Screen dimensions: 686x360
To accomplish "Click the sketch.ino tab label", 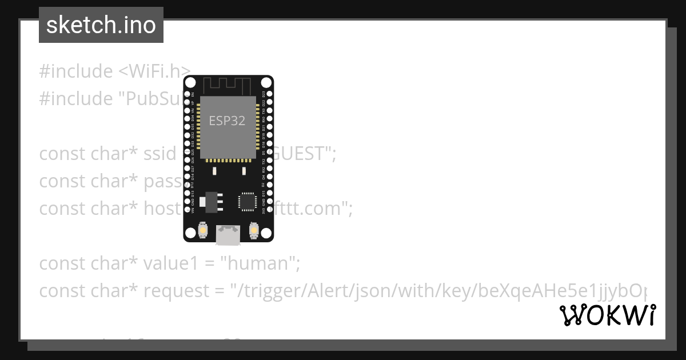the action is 101,25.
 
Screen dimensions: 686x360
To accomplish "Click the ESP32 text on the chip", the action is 226,121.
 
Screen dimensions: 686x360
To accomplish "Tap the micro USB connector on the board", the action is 228,234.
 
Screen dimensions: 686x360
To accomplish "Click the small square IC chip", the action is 248,201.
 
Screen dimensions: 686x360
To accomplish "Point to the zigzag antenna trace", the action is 228,86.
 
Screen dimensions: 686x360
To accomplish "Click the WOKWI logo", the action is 608,315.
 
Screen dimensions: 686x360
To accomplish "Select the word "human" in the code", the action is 261,263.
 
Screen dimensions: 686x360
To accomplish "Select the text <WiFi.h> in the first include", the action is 154,71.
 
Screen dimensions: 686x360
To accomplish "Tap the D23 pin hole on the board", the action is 270,93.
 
